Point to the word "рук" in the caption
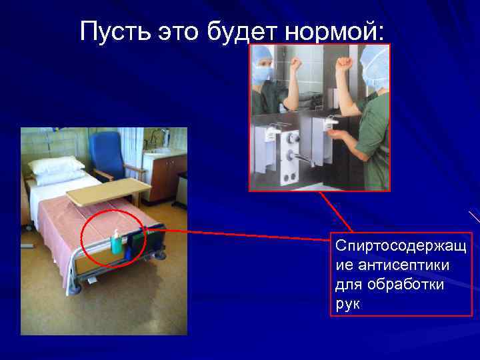(x=347, y=304)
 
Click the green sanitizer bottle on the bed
(x=117, y=243)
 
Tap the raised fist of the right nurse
(x=343, y=64)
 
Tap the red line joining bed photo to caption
(x=247, y=233)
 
